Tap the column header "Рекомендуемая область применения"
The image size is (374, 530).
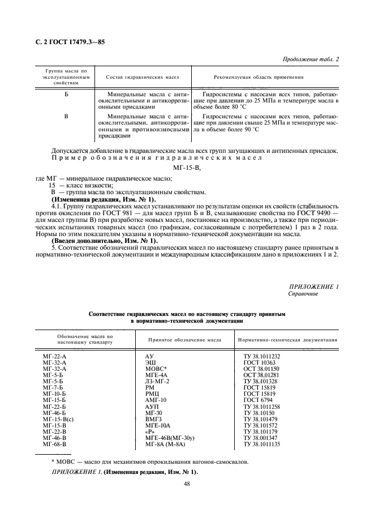[259, 77]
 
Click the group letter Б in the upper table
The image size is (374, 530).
[66, 92]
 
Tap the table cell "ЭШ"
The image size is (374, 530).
[151, 361]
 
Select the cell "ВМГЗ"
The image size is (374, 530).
[154, 418]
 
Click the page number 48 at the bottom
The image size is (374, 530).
[187, 484]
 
